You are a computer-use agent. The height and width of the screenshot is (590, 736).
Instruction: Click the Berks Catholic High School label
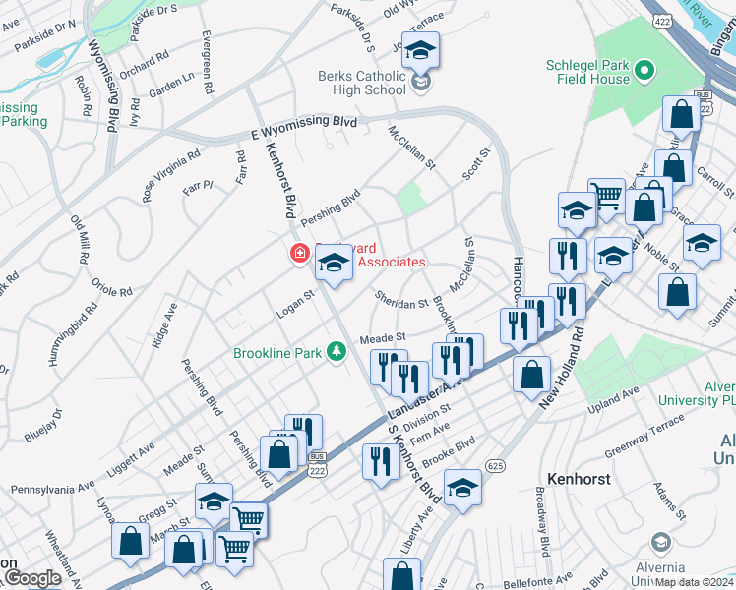click(x=361, y=83)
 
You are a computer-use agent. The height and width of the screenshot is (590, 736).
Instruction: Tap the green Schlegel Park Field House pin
click(x=644, y=70)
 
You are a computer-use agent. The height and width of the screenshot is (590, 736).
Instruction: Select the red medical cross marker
click(x=298, y=255)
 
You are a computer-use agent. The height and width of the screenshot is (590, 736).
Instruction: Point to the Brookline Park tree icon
click(x=337, y=351)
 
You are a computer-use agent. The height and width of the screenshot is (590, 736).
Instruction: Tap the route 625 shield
click(x=495, y=464)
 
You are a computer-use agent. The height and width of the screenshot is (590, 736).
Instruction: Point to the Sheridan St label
click(x=400, y=299)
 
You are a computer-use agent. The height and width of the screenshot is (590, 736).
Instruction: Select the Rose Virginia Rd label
click(x=171, y=175)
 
